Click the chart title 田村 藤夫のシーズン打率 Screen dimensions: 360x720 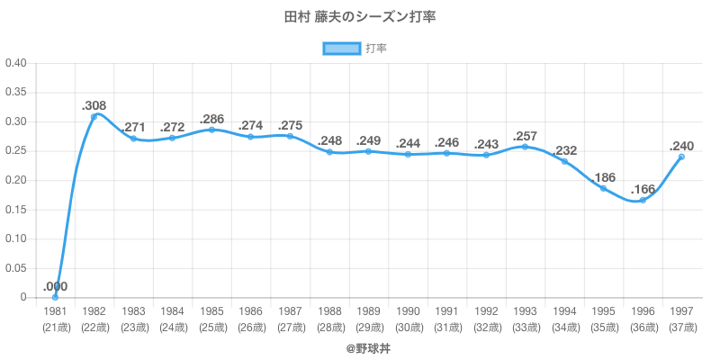(360, 17)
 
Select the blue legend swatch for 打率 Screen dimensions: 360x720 (342, 48)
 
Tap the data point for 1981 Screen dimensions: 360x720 (55, 297)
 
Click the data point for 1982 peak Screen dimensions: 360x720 (94, 116)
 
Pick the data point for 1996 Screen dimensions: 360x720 (643, 200)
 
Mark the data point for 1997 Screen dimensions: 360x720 (681, 157)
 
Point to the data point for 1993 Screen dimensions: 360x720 (525, 147)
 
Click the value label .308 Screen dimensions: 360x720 (94, 104)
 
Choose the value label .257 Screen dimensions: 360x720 (525, 135)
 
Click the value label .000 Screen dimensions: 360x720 (55, 286)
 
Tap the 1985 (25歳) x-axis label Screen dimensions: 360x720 (211, 318)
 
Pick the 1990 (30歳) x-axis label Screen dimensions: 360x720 (408, 318)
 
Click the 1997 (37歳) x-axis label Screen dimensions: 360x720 (681, 318)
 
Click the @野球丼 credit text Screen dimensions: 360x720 (360, 346)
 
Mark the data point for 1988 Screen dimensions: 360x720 (329, 152)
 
